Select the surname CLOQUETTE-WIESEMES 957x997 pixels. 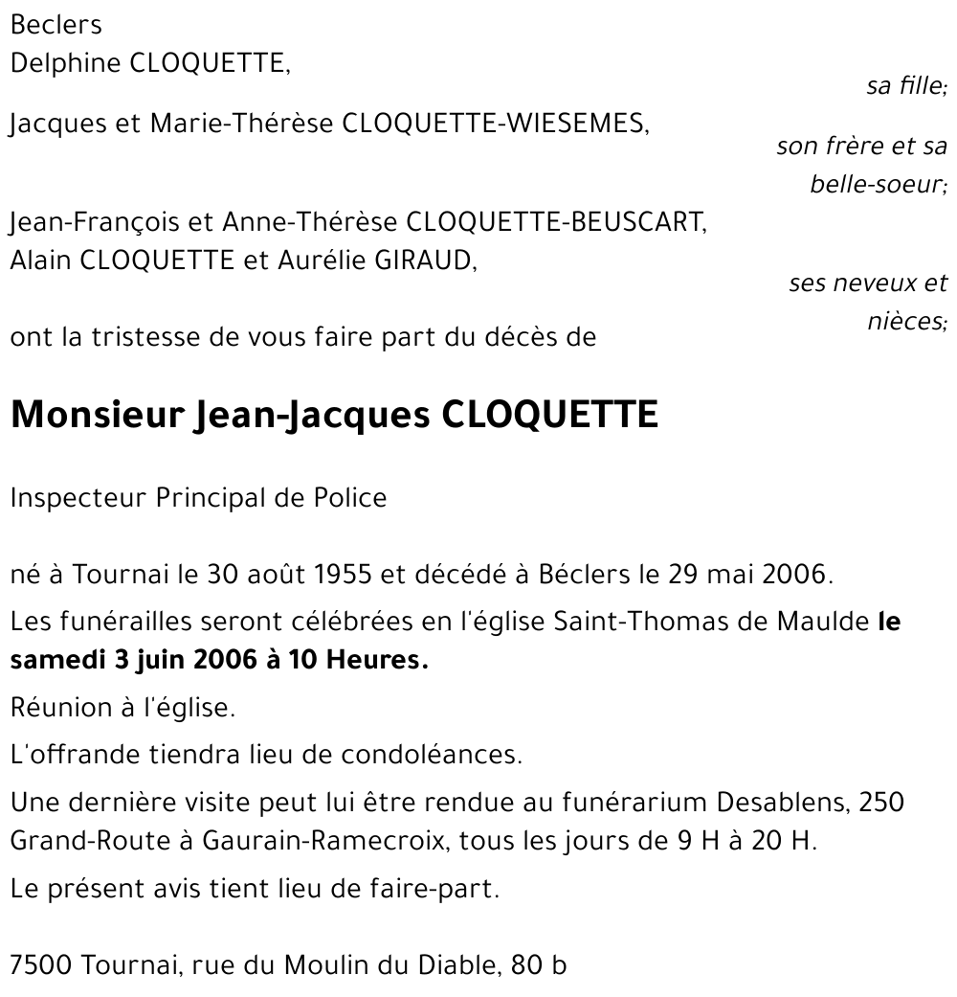[496, 124]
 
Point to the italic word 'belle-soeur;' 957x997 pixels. [878, 184]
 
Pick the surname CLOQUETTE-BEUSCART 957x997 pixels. [556, 223]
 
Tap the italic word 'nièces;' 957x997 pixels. [906, 321]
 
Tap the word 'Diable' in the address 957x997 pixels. [455, 965]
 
